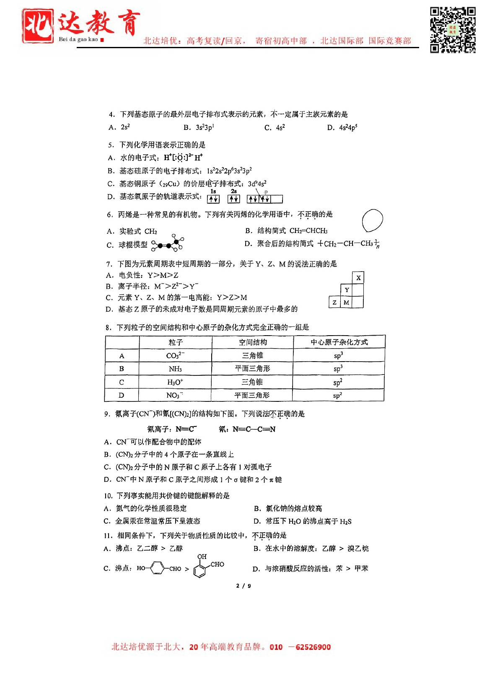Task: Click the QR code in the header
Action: point(453,30)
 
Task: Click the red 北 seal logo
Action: point(38,26)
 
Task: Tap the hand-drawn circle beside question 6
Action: point(372,220)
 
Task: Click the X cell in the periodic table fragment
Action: point(358,277)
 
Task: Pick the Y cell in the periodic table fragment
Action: point(347,290)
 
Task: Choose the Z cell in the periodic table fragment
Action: point(334,302)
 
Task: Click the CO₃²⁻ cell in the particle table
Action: point(175,355)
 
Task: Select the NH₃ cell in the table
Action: point(175,369)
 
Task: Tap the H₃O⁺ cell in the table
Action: point(175,382)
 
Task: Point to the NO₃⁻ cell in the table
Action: point(175,395)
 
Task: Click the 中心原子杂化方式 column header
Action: point(339,342)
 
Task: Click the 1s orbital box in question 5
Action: point(213,199)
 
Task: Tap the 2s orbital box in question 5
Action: point(234,199)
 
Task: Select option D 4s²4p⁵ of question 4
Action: point(343,127)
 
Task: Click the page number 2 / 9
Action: point(244,586)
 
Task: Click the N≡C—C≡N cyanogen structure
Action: point(254,429)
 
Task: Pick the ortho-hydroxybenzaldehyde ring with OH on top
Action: point(201,569)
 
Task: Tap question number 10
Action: point(108,496)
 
